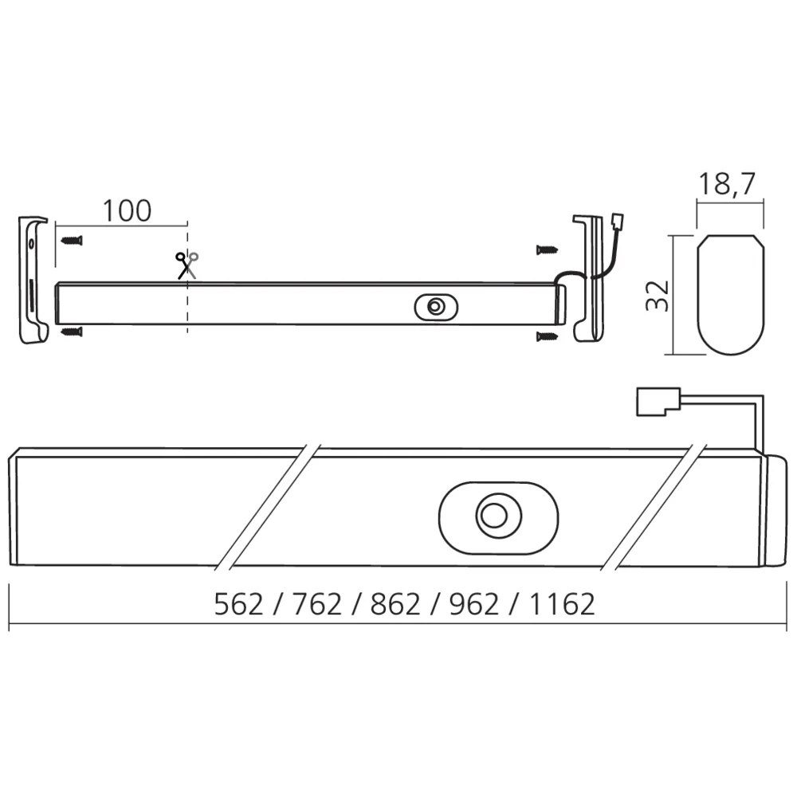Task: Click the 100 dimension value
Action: pyautogui.click(x=126, y=210)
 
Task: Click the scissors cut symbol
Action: pyautogui.click(x=187, y=264)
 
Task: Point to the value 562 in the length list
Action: pyautogui.click(x=238, y=605)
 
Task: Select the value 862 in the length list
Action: pyautogui.click(x=395, y=605)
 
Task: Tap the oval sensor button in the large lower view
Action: pyautogui.click(x=498, y=516)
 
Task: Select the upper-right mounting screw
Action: pyautogui.click(x=547, y=249)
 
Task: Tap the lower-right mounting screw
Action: pyautogui.click(x=547, y=336)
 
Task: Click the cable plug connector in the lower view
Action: pyautogui.click(x=656, y=401)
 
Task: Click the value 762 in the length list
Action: pyautogui.click(x=316, y=605)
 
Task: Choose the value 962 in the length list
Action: pyautogui.click(x=474, y=605)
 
